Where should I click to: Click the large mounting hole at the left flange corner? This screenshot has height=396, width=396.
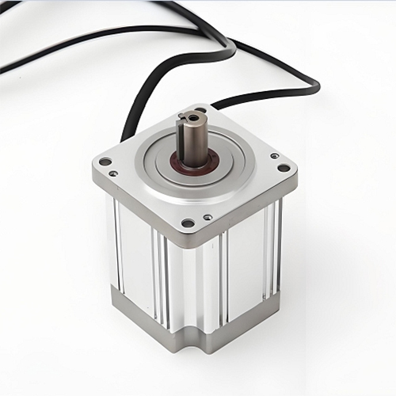pos(105,162)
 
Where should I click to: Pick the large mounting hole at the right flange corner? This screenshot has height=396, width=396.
pos(283,167)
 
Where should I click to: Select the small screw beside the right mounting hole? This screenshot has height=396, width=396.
pos(273,156)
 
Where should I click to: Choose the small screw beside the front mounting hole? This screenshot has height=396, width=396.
pos(207,217)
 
